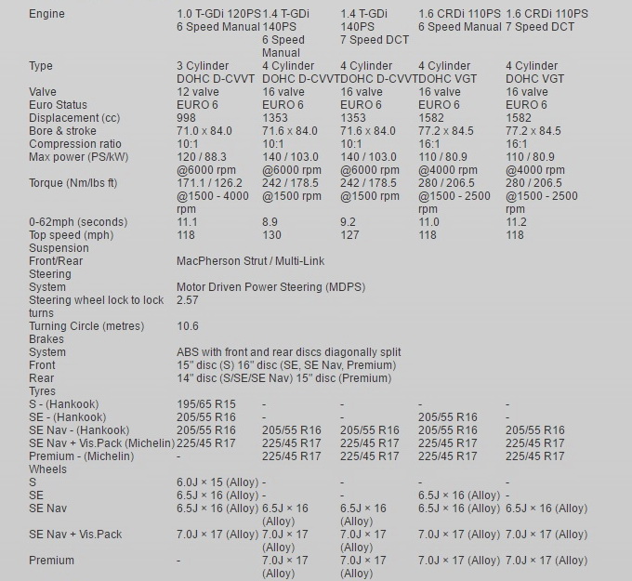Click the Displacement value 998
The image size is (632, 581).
(x=187, y=118)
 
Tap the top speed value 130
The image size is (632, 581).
(x=271, y=235)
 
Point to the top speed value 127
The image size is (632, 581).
(x=349, y=235)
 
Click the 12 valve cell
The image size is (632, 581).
(x=198, y=92)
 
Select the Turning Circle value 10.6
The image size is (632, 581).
(x=188, y=326)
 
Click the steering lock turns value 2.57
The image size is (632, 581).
(x=188, y=300)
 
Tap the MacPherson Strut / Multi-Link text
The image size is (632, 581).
(x=250, y=261)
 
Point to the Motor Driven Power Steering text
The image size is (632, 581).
(x=266, y=287)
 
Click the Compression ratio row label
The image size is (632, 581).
(x=74, y=144)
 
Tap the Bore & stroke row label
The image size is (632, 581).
(x=62, y=131)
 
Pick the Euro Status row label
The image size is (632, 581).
(x=58, y=105)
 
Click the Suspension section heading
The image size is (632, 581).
(x=59, y=248)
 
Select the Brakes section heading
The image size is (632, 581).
(x=47, y=339)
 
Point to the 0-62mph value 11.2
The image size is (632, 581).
(x=516, y=222)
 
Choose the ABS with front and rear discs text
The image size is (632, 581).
(x=289, y=352)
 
